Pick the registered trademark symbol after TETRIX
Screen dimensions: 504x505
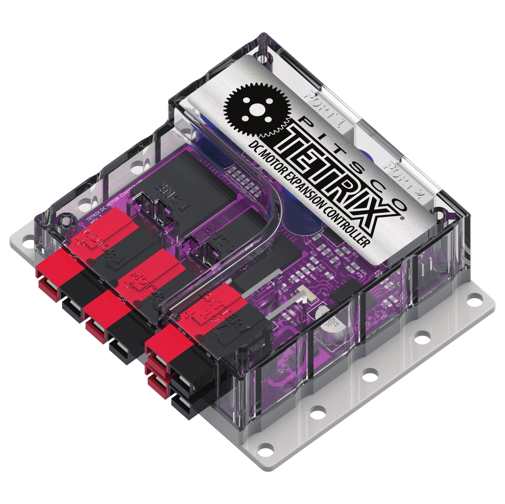coord(402,219)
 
